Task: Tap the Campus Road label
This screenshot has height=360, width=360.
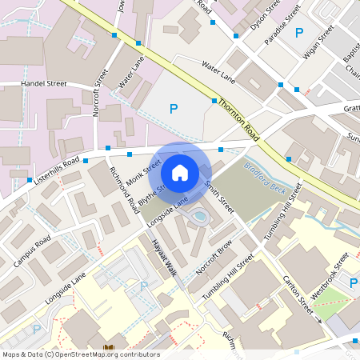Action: pos(32,251)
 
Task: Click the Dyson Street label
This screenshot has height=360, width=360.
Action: pos(266,12)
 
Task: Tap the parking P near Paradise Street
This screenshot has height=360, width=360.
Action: pos(299,33)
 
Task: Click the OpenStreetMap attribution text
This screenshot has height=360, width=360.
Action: pos(80,354)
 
